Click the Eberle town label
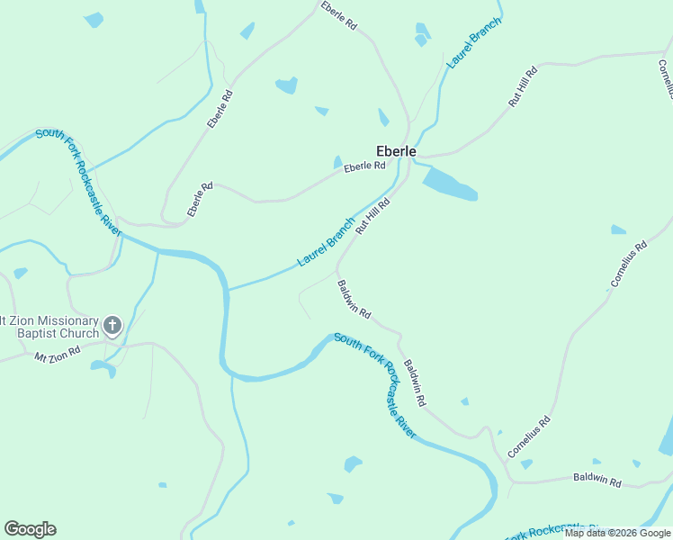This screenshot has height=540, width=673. pos(396,151)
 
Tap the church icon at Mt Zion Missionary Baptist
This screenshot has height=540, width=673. pos(112,325)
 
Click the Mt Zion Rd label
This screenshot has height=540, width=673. pos(58,356)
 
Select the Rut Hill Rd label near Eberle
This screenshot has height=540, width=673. pos(372,216)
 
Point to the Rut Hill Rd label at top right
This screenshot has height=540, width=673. pos(523,86)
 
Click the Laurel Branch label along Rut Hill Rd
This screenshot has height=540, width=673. pos(327,242)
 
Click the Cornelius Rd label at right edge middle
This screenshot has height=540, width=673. pos(629,264)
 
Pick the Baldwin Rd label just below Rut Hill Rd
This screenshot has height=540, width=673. pos(354,299)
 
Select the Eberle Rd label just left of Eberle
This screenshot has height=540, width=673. pos(364,166)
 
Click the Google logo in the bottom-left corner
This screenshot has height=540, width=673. pos(30,529)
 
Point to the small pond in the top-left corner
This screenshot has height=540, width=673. pos(93,20)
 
